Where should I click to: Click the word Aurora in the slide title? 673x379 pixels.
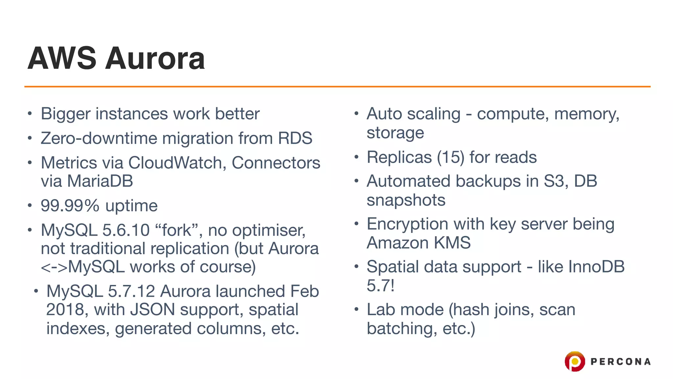[x=155, y=59]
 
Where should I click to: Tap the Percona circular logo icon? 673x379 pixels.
[x=574, y=361]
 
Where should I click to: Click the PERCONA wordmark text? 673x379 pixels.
[x=620, y=362]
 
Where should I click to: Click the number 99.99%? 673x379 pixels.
[x=70, y=206]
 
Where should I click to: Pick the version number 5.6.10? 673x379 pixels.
[x=126, y=230]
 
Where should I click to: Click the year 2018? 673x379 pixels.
[x=65, y=310]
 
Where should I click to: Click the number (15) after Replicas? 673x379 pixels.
[x=451, y=157]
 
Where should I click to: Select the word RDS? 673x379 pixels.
[x=295, y=138]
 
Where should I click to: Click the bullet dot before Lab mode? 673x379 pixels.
[x=357, y=310]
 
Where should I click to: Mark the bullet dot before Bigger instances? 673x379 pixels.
[x=30, y=114]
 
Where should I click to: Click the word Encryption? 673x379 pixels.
[x=407, y=224]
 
